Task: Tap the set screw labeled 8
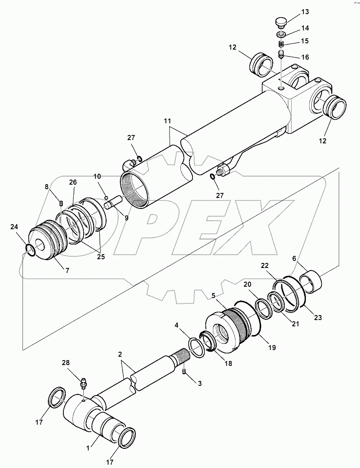[x=61, y=203]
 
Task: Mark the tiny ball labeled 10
[x=106, y=197]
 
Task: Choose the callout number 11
[x=167, y=121]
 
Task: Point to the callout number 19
[x=272, y=347]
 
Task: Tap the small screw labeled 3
[x=185, y=372]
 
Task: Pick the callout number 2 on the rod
[x=120, y=355]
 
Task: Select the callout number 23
[x=318, y=318]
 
